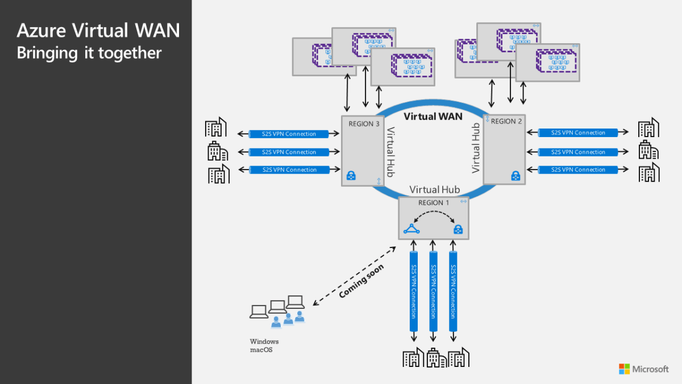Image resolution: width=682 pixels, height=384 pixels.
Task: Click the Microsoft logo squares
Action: click(x=625, y=369)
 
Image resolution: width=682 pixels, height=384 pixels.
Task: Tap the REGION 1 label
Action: click(x=434, y=203)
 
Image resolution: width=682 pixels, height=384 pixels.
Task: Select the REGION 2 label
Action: click(x=504, y=121)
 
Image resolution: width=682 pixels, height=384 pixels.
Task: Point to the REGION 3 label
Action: click(x=364, y=124)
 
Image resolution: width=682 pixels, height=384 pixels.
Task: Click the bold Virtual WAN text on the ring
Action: click(x=433, y=117)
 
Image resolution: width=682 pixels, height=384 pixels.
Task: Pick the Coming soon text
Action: click(x=361, y=280)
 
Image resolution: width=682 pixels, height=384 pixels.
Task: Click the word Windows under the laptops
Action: click(x=264, y=341)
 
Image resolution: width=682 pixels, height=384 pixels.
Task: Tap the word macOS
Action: click(x=261, y=349)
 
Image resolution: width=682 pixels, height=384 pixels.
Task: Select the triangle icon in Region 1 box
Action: click(x=411, y=229)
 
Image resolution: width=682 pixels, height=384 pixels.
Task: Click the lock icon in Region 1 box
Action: click(x=458, y=230)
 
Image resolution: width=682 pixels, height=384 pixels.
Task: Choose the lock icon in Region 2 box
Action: click(x=515, y=175)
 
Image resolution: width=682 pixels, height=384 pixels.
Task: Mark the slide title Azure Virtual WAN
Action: click(x=98, y=31)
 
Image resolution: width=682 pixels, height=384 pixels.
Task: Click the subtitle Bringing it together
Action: click(x=89, y=53)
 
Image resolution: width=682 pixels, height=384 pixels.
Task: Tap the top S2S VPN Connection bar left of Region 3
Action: click(x=289, y=134)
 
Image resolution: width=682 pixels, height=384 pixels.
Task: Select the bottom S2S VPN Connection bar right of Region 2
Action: click(x=577, y=170)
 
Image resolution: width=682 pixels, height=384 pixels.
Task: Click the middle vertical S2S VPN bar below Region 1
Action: click(x=434, y=291)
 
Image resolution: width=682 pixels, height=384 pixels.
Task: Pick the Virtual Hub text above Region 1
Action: click(x=434, y=189)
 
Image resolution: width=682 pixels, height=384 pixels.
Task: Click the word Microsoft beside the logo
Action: click(x=651, y=369)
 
